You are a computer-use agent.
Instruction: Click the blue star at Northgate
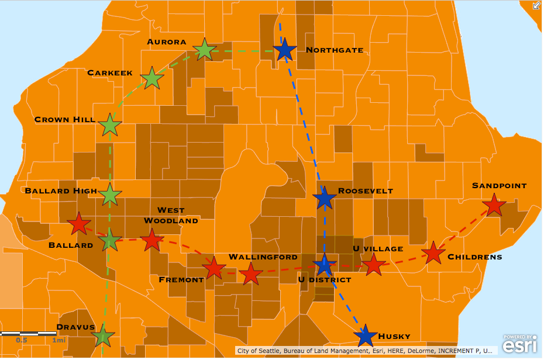284,51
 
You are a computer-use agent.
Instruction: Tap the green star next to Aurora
204,50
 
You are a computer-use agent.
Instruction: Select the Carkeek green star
152,78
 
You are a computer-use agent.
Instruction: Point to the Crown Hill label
64,119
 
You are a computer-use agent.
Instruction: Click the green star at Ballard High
111,194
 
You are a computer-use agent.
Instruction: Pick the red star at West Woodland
152,240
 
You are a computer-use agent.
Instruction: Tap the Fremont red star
214,268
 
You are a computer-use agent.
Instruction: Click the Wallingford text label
263,257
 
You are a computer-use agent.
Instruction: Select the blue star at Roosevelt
325,199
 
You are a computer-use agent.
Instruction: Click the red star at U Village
374,264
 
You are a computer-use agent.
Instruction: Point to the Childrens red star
433,252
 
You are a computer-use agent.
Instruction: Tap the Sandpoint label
499,186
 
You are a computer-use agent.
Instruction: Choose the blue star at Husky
366,336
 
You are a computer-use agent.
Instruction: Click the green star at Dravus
103,336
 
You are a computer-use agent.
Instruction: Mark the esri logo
519,345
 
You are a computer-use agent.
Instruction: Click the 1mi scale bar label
58,340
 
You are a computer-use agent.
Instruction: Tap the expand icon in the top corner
536,5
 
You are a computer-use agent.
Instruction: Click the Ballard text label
71,245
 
